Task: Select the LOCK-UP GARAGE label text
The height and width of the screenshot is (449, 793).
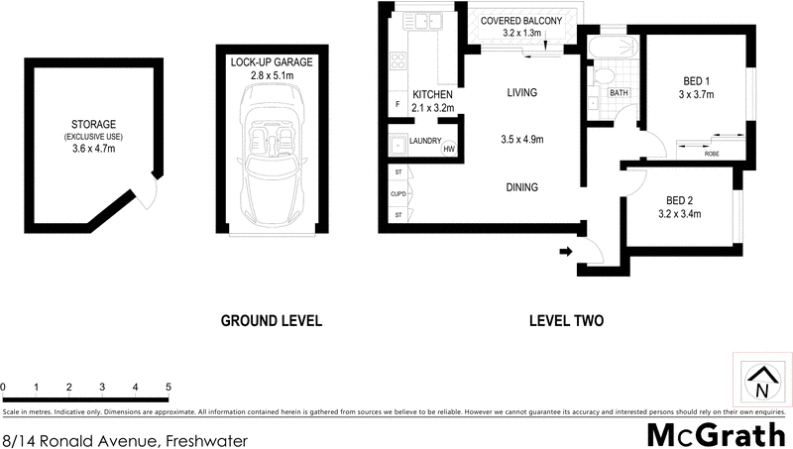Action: point(271,62)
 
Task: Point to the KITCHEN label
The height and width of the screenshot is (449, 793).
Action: point(431,95)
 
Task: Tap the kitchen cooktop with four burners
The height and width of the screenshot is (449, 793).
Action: point(397,60)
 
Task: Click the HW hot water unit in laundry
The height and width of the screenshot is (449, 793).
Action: point(449,150)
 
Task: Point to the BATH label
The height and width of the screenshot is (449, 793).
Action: point(620,93)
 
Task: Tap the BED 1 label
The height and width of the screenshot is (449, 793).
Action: point(697,80)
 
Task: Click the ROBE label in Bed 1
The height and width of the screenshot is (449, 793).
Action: point(712,154)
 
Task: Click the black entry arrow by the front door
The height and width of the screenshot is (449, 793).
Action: point(566,253)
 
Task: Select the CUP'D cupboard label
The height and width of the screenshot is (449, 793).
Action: point(397,193)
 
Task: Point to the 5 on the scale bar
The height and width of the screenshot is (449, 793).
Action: point(169,386)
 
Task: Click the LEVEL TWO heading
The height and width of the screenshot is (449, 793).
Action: point(567,320)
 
